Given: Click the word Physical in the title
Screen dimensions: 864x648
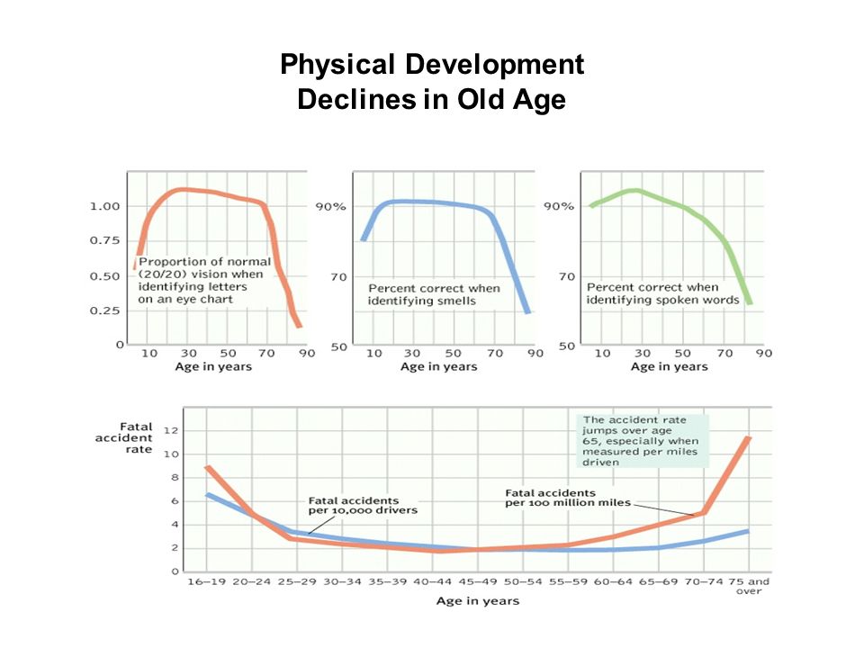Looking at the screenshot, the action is [337, 65].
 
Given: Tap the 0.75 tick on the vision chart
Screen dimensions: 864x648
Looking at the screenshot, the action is [104, 240].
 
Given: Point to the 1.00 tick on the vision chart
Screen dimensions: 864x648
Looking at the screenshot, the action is [104, 206].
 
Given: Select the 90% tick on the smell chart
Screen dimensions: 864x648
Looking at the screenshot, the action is [330, 207].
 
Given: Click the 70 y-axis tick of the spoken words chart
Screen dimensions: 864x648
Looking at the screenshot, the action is [567, 276].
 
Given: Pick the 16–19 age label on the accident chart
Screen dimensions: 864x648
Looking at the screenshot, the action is [207, 582].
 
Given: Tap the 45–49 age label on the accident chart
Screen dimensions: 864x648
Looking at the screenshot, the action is [478, 582].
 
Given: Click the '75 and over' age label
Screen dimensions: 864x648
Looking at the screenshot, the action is [749, 586].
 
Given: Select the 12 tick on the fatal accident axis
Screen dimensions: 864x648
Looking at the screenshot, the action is [171, 430].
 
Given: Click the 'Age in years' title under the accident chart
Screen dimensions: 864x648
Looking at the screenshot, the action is [478, 601].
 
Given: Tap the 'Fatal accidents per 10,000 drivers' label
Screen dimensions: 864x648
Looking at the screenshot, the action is [363, 506].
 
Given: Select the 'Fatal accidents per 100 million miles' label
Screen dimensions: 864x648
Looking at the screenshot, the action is [568, 498].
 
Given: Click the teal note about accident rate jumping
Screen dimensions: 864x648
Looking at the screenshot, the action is [642, 441].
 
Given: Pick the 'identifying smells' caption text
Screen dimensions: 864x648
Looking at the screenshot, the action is [422, 301].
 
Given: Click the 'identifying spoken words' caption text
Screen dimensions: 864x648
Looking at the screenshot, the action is [663, 300].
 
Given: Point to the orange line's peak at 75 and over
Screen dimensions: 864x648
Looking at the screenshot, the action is [748, 438].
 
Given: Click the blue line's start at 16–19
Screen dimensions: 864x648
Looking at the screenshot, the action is [208, 495].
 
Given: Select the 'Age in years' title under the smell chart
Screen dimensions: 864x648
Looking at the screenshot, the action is [438, 367].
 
